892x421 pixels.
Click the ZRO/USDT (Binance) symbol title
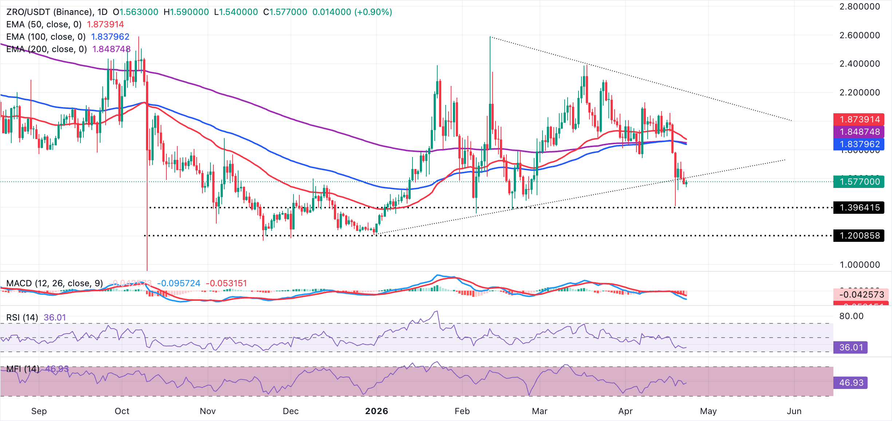click(50, 12)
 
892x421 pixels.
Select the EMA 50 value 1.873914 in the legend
click(105, 24)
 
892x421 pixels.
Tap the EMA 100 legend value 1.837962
click(110, 37)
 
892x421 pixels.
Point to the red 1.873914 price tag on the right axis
click(859, 119)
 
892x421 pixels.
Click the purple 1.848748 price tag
click(859, 132)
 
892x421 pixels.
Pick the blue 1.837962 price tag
click(859, 144)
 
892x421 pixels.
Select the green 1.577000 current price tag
click(859, 182)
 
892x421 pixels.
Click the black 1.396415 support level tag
click(859, 208)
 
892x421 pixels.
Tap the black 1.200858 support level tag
click(859, 236)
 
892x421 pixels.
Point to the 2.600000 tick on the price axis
click(859, 35)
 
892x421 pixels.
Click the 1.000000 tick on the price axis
click(859, 265)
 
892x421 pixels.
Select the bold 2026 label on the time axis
click(376, 411)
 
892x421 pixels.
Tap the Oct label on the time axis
click(122, 411)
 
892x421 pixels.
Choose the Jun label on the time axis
click(794, 411)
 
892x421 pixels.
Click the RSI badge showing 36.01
click(850, 347)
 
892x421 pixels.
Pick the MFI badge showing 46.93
click(850, 383)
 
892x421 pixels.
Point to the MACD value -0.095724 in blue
click(178, 283)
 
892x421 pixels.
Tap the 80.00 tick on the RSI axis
click(851, 316)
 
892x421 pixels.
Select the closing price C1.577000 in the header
click(285, 12)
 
